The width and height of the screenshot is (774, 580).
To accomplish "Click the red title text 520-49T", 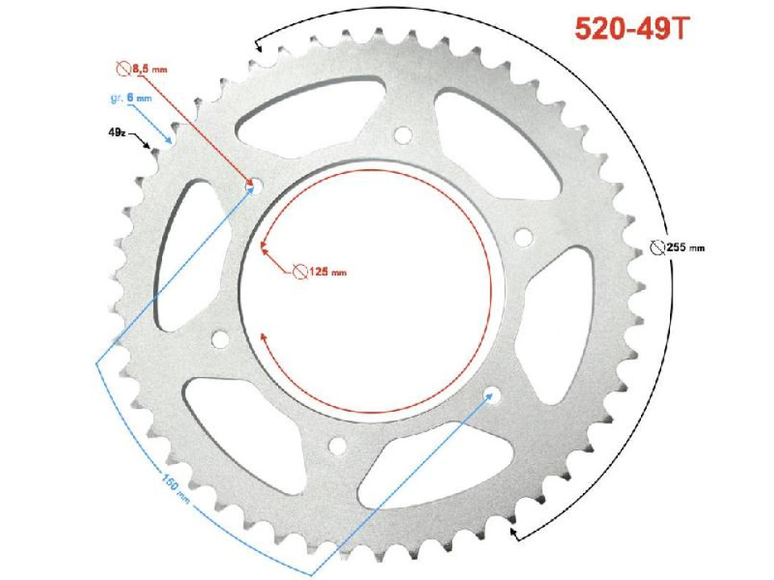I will click(631, 29).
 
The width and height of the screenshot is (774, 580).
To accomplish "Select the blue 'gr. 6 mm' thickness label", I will click(130, 98).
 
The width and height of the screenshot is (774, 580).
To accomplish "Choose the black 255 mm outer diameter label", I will click(685, 247).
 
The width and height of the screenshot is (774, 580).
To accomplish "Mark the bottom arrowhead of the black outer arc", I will click(515, 532).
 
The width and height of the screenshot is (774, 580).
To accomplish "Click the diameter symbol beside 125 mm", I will click(299, 271).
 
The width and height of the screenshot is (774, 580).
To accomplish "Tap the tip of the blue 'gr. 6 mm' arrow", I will click(170, 139).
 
